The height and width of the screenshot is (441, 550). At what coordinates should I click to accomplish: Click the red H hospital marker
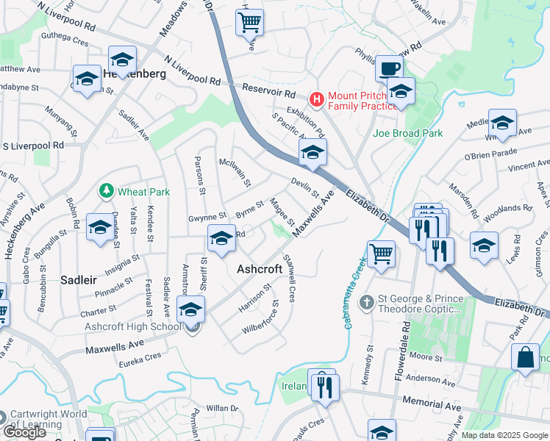tap(317, 98)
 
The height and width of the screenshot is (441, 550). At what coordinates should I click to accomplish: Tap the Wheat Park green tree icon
tap(107, 191)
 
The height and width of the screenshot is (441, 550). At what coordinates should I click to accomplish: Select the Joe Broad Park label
tap(407, 133)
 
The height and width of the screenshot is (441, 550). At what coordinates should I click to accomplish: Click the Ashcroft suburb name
tap(260, 269)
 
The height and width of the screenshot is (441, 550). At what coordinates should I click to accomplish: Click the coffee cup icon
tap(389, 69)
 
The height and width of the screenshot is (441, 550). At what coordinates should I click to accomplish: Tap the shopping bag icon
tap(526, 359)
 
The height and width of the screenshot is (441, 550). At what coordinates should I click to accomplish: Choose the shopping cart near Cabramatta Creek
tap(382, 255)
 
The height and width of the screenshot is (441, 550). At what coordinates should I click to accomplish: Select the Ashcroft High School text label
tap(132, 326)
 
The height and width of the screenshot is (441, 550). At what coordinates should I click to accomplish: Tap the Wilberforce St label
tap(261, 317)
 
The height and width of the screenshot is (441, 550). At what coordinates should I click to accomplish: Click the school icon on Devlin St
tap(312, 153)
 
